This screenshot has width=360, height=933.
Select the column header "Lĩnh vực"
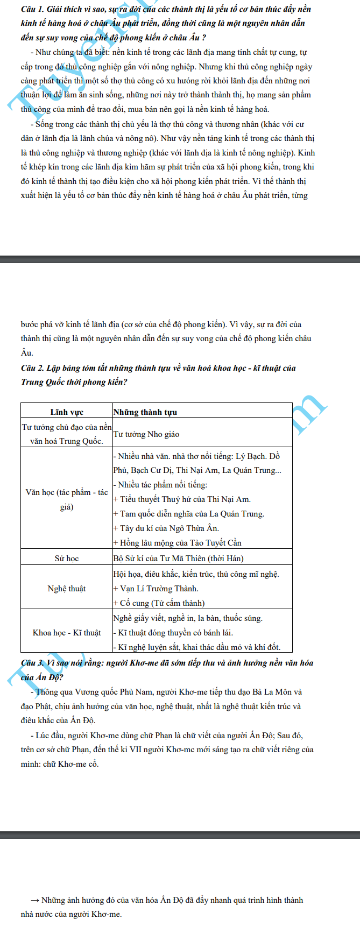[67, 412]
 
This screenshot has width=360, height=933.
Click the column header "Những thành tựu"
[145, 412]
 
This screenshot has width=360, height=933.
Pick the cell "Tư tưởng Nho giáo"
[146, 434]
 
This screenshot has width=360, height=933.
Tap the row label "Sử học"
[67, 559]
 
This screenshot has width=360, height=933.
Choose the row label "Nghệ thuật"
[67, 589]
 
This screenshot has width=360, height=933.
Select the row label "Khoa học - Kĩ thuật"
[67, 633]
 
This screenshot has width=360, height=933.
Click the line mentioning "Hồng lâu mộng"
[177, 543]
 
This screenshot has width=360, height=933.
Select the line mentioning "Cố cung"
[159, 603]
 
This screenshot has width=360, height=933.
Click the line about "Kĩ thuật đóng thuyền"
[173, 633]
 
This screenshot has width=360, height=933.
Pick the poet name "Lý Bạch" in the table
[251, 456]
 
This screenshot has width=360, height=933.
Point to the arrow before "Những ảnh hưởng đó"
[36, 900]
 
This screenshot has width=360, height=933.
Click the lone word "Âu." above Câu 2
[27, 353]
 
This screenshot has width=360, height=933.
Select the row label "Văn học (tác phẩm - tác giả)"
[67, 500]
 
